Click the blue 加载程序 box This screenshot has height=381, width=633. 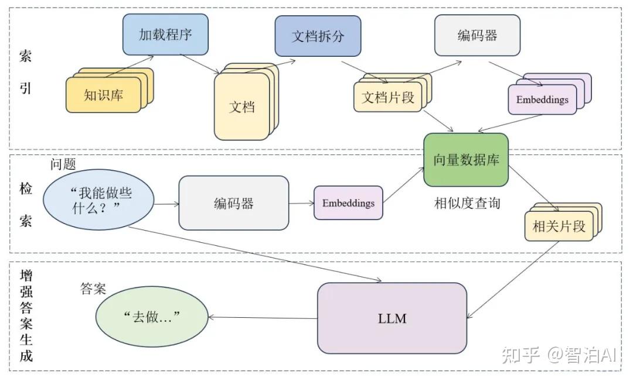[165, 35]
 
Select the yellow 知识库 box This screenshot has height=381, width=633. [103, 95]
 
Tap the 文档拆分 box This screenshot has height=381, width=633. [318, 36]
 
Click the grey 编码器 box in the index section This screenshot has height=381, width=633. [477, 36]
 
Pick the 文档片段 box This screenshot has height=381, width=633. [387, 98]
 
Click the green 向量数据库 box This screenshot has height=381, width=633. [466, 160]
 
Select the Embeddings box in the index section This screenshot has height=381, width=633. [542, 99]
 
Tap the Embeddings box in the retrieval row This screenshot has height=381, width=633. [348, 203]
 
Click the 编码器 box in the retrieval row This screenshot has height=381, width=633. [233, 203]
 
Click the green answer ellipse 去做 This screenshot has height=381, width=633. [152, 317]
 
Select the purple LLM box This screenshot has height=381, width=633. [392, 318]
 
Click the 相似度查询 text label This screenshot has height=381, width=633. [467, 204]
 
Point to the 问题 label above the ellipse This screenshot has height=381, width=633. [63, 164]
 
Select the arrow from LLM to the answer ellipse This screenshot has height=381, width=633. [263, 318]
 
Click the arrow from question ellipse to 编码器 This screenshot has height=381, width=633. [166, 204]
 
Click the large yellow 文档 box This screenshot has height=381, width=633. [241, 107]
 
